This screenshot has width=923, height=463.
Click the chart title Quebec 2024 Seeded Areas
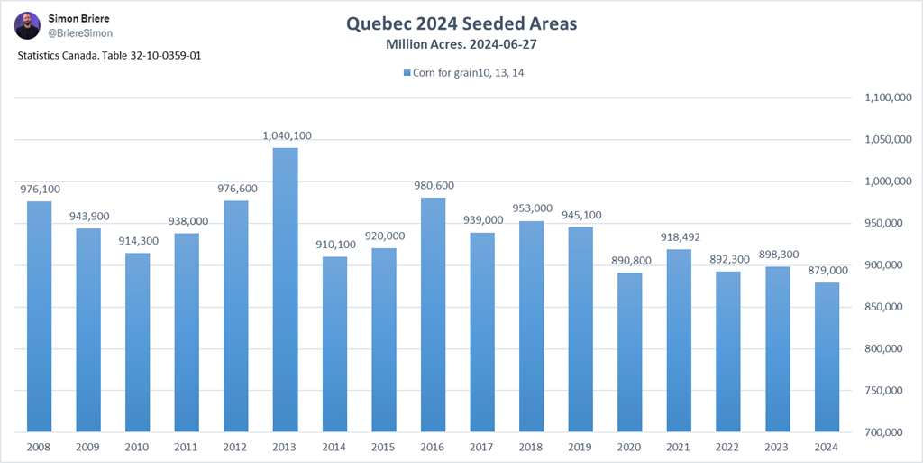click(x=461, y=23)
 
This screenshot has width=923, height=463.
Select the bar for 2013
click(x=285, y=289)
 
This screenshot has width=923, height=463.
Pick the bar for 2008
click(x=39, y=316)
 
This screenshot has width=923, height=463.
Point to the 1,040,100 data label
click(x=285, y=135)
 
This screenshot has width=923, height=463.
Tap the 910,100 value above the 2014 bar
click(x=334, y=245)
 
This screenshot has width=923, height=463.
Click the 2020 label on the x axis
click(x=629, y=447)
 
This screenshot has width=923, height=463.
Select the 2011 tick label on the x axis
click(x=187, y=447)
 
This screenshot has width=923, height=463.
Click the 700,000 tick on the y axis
click(x=886, y=432)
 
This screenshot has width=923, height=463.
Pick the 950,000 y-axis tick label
click(x=886, y=223)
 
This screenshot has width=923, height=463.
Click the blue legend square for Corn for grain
click(x=407, y=73)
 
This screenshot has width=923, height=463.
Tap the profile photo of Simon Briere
click(x=27, y=26)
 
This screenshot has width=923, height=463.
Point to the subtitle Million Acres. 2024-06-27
click(x=461, y=43)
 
